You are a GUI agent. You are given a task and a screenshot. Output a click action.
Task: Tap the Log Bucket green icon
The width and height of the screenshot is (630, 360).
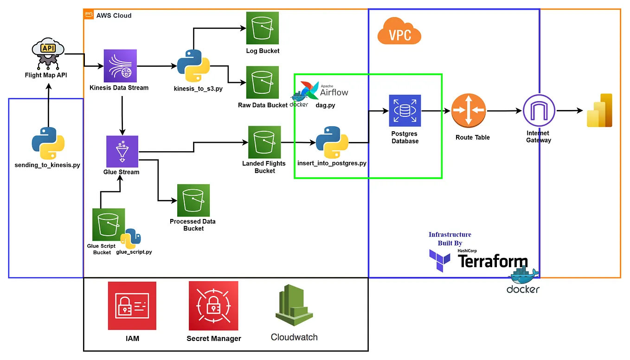tap(263, 28)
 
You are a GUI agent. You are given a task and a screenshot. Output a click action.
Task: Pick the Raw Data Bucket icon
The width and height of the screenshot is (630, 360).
tap(263, 82)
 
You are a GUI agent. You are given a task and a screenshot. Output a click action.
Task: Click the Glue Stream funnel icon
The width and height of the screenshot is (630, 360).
tap(122, 151)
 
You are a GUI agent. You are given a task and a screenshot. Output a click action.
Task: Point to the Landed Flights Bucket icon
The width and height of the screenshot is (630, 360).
tap(264, 142)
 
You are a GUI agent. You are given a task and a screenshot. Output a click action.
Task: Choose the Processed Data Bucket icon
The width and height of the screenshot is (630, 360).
tap(193, 200)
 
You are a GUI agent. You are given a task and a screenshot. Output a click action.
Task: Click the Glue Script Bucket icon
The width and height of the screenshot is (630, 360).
tap(109, 225)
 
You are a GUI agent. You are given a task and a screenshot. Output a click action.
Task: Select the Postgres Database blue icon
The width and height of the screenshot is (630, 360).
tap(405, 111)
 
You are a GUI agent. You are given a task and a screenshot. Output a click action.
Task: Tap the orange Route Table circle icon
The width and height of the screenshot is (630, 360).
tap(469, 110)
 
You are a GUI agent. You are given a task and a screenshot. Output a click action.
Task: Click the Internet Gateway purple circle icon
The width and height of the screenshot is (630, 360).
tap(539, 111)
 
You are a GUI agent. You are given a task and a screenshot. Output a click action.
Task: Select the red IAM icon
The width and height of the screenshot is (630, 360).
tap(132, 305)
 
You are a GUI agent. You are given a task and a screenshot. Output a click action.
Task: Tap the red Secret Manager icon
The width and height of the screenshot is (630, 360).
tap(213, 305)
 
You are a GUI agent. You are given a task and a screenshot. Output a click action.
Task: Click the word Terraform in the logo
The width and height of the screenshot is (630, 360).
tap(493, 262)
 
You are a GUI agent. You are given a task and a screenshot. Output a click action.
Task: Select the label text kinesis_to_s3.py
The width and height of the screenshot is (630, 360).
tap(198, 88)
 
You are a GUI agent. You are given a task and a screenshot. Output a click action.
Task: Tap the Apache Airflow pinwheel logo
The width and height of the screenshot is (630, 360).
tap(309, 90)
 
